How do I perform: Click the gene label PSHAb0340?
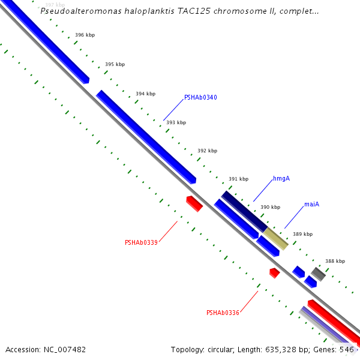coord(200,97)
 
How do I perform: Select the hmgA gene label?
coord(281,179)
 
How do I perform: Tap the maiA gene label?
coord(311,205)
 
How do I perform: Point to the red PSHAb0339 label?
coord(141,242)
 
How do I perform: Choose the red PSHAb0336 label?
coord(223,313)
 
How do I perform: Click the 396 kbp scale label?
coord(85,35)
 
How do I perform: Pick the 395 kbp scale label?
coord(115,64)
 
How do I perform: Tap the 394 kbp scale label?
coord(145,94)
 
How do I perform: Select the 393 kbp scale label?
coord(176,122)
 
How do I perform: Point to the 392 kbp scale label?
coord(207,151)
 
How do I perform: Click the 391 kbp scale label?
coord(238,179)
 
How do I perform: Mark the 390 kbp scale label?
coord(270,207)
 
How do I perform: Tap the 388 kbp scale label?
coord(335,261)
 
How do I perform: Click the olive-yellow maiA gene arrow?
coord(276,238)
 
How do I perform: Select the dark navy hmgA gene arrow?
coord(244,210)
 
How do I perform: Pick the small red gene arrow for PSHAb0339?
coord(194,203)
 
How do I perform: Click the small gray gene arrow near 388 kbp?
coord(318,274)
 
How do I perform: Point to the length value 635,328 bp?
coord(291,349)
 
